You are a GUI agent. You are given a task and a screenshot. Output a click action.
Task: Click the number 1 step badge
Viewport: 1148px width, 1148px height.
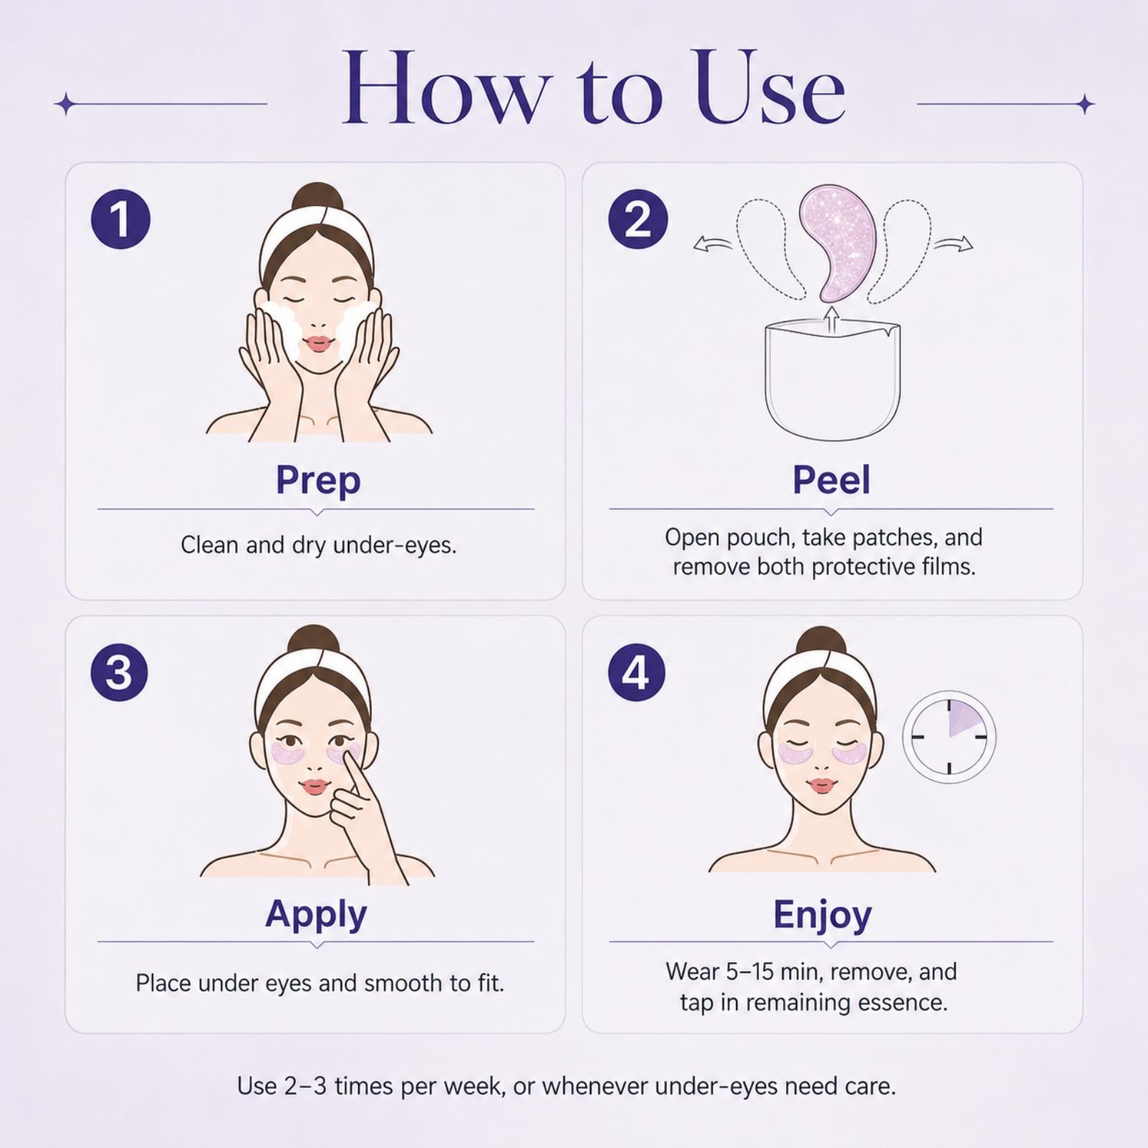click(121, 219)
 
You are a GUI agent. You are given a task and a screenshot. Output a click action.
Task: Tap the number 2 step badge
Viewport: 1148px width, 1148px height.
click(638, 219)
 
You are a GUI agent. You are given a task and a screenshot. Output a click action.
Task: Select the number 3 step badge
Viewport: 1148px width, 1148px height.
click(120, 672)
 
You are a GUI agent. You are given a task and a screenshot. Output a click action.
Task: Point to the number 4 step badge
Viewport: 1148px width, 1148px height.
click(636, 672)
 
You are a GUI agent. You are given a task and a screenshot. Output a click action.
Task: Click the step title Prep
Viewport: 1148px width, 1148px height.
click(318, 481)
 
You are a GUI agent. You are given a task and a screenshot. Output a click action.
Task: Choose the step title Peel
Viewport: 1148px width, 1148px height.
click(831, 479)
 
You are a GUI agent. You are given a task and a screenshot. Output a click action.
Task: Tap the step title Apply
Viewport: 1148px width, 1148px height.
click(316, 915)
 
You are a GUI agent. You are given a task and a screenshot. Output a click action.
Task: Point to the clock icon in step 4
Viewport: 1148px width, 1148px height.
click(949, 736)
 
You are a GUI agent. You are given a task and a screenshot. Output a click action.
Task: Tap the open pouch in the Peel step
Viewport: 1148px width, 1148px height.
click(832, 380)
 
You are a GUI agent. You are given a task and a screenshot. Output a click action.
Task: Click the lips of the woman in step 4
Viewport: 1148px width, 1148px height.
click(822, 785)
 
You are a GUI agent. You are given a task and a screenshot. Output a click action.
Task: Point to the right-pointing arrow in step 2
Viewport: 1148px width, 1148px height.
click(954, 245)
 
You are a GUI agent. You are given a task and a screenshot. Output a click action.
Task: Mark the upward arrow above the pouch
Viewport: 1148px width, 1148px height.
click(832, 321)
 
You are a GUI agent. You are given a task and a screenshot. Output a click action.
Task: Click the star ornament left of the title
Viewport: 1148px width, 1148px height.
click(65, 104)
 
